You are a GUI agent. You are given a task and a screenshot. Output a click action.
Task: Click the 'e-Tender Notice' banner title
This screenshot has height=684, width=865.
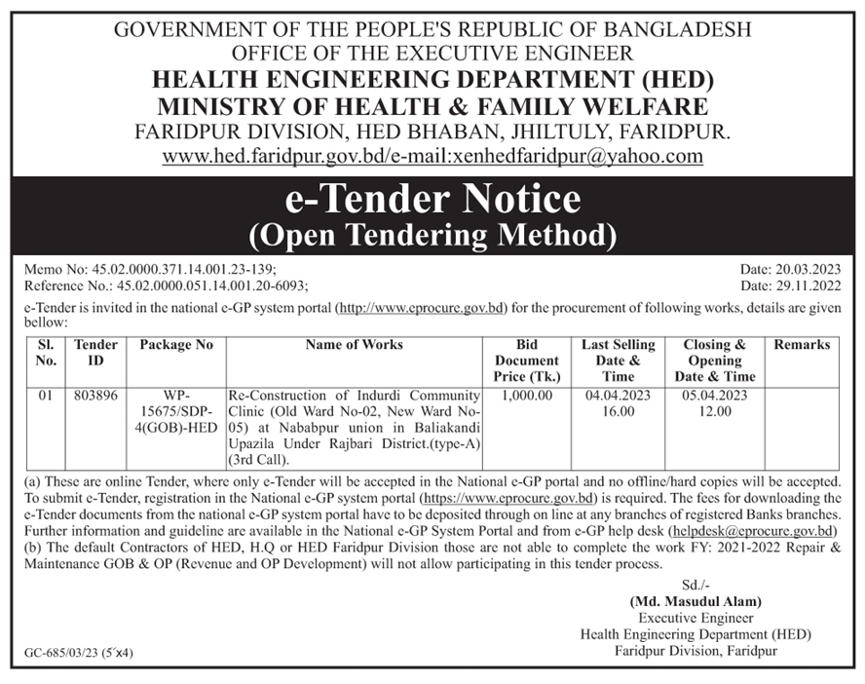click(432, 200)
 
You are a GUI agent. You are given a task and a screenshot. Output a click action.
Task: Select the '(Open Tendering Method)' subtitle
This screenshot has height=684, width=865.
click(432, 235)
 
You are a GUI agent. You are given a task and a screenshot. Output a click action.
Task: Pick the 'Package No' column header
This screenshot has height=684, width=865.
click(176, 345)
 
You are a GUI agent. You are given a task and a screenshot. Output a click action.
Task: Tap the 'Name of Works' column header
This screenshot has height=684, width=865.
click(354, 345)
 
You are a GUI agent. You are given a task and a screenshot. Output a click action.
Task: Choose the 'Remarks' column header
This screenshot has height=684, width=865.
click(803, 345)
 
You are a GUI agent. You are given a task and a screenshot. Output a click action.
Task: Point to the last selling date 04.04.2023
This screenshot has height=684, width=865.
click(619, 396)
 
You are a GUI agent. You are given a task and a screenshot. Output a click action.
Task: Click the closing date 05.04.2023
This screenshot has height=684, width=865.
click(715, 396)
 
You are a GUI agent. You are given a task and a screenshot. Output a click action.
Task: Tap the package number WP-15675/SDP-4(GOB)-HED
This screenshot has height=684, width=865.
click(176, 411)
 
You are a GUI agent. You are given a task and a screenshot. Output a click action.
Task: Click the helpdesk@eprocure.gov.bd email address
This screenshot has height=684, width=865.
click(753, 531)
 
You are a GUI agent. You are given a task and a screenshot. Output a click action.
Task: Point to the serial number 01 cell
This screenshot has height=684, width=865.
click(46, 396)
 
